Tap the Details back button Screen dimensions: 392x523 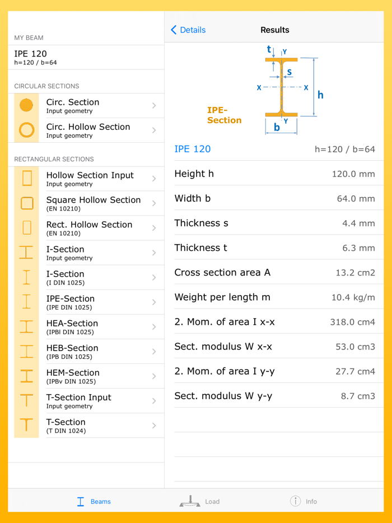click(x=188, y=30)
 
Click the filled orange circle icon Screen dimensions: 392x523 click(x=26, y=105)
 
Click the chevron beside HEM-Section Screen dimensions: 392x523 click(x=154, y=376)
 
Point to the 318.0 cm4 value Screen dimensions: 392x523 click(x=353, y=322)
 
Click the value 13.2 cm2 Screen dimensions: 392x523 click(x=355, y=273)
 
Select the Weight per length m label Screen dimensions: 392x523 click(x=222, y=297)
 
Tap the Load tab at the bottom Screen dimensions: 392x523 click(x=199, y=501)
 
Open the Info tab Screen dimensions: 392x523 click(x=304, y=501)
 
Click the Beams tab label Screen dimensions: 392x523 click(x=100, y=502)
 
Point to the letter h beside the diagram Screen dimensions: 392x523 click(x=320, y=95)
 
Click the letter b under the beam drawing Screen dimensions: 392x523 click(x=277, y=127)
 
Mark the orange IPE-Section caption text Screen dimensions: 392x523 click(x=224, y=115)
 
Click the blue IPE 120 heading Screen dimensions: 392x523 click(x=193, y=149)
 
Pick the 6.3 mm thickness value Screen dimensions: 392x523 click(x=358, y=248)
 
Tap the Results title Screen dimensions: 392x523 click(x=275, y=30)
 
